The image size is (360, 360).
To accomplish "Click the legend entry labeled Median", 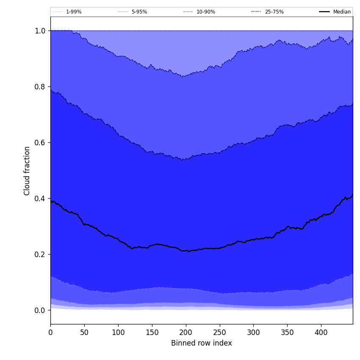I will [x=342, y=12].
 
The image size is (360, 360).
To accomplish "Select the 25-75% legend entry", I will [x=274, y=12].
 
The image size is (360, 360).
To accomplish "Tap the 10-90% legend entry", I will [x=205, y=12].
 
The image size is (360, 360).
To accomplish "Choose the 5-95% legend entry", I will [x=139, y=12].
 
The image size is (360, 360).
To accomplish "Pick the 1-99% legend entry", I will [x=74, y=12].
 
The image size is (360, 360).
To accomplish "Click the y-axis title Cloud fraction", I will [x=27, y=171].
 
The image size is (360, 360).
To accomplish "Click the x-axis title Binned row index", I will [x=201, y=343].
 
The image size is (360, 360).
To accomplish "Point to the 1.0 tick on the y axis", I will [x=40, y=31].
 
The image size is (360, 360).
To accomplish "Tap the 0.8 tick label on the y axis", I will [x=40, y=87].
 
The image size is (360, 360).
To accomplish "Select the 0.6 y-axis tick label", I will [x=40, y=143].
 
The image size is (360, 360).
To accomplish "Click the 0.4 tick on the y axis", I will [x=40, y=199].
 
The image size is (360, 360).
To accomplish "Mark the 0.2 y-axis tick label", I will [x=40, y=255].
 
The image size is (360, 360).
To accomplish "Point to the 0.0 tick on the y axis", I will [x=40, y=310].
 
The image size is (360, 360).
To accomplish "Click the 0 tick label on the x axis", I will [x=50, y=332].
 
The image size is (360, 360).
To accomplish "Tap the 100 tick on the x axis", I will [x=118, y=332].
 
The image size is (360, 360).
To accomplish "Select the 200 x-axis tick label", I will [x=186, y=332].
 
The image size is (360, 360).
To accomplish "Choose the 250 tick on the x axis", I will [x=219, y=332].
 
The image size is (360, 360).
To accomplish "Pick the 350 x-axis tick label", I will [x=287, y=332].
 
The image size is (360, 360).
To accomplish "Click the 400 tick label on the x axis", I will [x=321, y=332].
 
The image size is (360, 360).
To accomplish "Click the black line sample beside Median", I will [x=324, y=12].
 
